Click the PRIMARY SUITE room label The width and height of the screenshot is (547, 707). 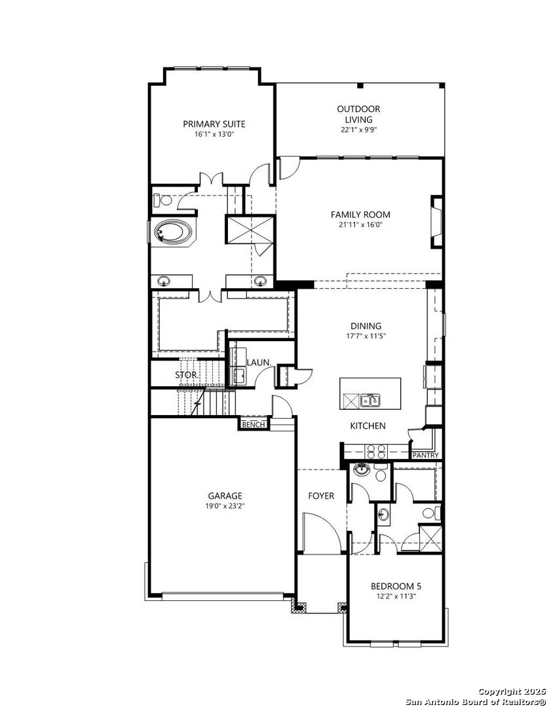pyautogui.click(x=214, y=124)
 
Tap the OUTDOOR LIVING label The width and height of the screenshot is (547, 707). pyautogui.click(x=359, y=114)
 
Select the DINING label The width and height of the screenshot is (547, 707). pyautogui.click(x=366, y=325)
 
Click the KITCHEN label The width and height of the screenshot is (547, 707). pyautogui.click(x=368, y=426)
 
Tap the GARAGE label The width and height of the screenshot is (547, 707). pyautogui.click(x=225, y=496)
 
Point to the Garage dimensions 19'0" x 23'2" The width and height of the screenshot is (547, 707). pyautogui.click(x=225, y=506)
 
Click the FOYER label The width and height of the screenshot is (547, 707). pyautogui.click(x=322, y=496)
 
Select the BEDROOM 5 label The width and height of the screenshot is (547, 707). pyautogui.click(x=396, y=586)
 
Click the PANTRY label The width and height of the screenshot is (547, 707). pyautogui.click(x=426, y=456)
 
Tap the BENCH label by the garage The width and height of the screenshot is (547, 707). pyautogui.click(x=254, y=424)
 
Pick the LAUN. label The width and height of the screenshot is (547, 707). pyautogui.click(x=259, y=362)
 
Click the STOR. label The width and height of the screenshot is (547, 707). pyautogui.click(x=187, y=374)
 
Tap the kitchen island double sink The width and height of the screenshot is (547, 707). pyautogui.click(x=370, y=400)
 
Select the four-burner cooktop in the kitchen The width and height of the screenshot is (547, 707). pyautogui.click(x=376, y=451)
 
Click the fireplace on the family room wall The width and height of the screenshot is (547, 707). pyautogui.click(x=436, y=221)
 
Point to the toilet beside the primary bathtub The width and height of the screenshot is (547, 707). pyautogui.click(x=161, y=200)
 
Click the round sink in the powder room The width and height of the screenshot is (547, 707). pyautogui.click(x=362, y=470)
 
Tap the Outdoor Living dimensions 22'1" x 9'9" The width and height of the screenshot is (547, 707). pyautogui.click(x=359, y=130)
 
